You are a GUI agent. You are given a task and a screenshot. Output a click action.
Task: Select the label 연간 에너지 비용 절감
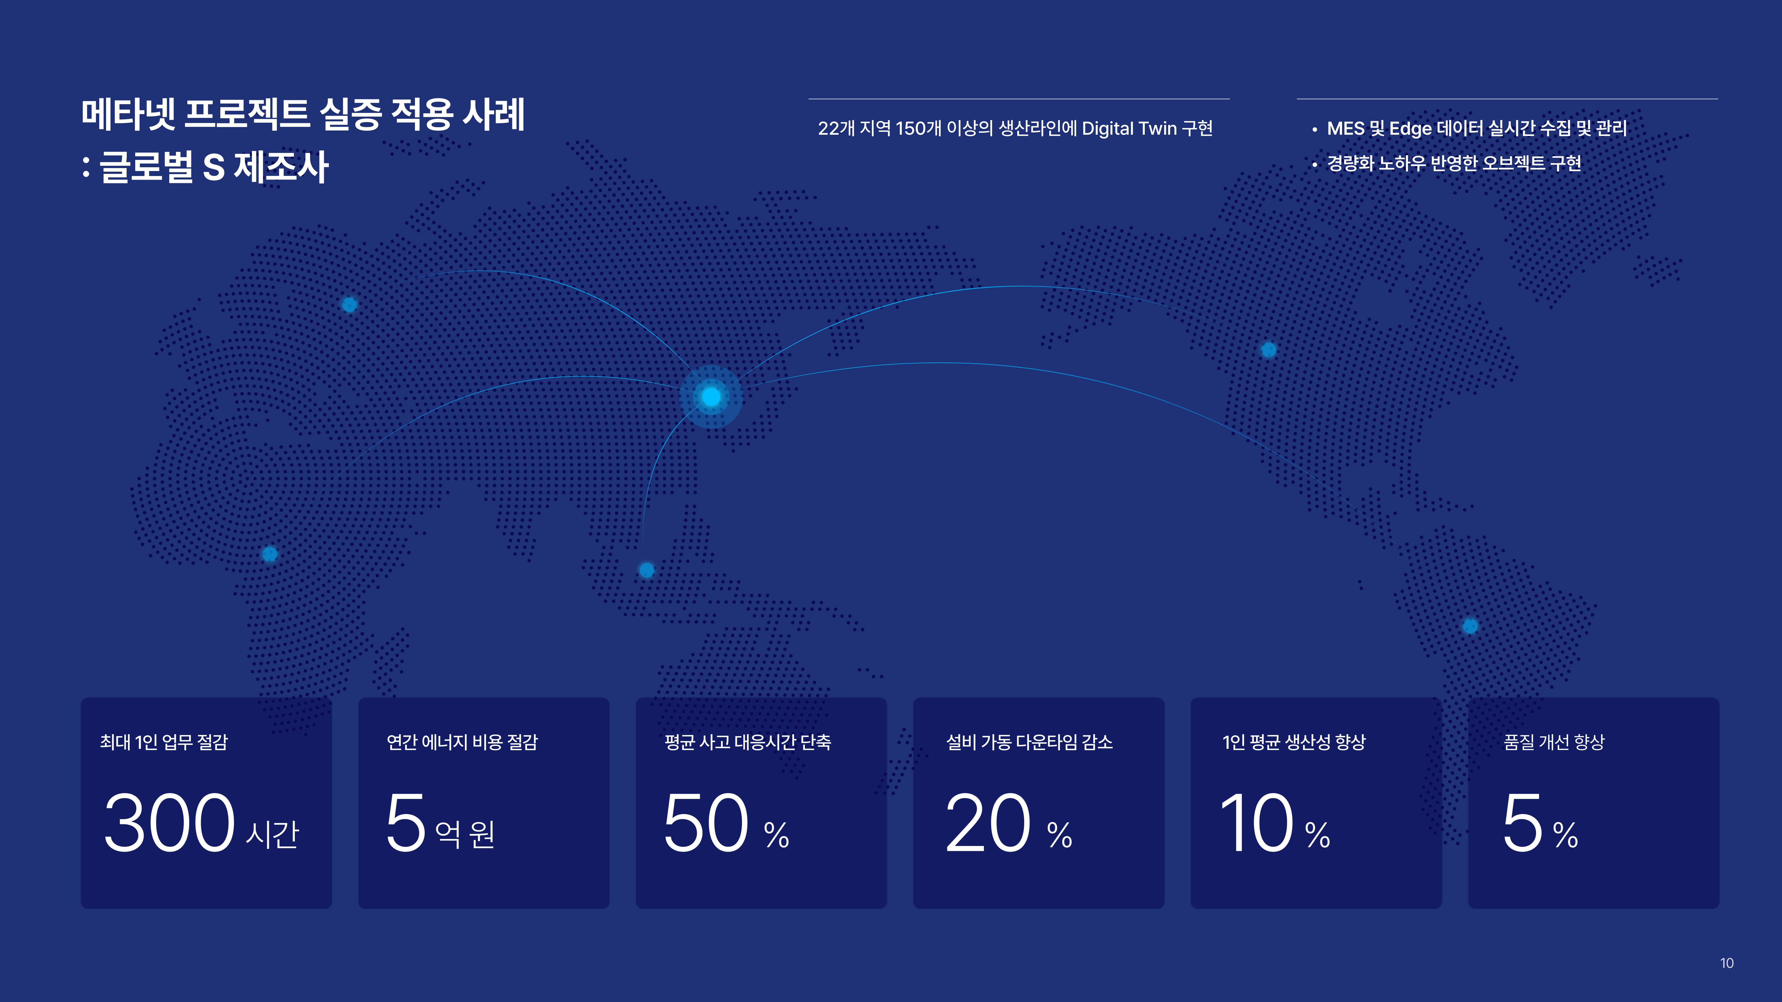tap(462, 742)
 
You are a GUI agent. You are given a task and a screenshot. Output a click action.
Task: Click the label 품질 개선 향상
tap(1554, 742)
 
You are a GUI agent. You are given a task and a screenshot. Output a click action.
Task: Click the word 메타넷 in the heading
tap(128, 114)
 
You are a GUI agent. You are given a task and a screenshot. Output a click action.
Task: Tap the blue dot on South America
tap(1470, 626)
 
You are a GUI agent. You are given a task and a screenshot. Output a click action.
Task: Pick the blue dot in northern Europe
tap(349, 304)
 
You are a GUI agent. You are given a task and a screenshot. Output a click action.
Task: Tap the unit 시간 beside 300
tap(273, 834)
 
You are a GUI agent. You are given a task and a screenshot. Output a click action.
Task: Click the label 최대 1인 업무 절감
tap(164, 742)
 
